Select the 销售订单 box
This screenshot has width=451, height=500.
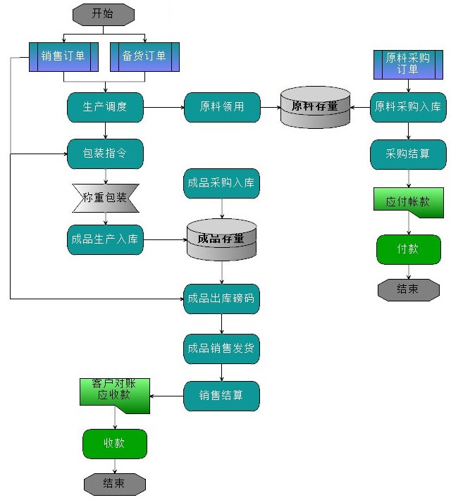[x=63, y=57]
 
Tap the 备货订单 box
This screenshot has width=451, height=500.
[x=144, y=57]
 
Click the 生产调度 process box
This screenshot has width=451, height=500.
[x=105, y=107]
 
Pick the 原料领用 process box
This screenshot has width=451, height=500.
[x=222, y=107]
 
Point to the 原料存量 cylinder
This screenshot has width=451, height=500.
[x=315, y=107]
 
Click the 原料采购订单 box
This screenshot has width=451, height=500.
[x=408, y=64]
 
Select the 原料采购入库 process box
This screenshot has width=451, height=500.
[x=408, y=107]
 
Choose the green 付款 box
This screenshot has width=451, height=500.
[x=408, y=249]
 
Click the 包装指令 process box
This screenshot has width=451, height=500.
[x=105, y=154]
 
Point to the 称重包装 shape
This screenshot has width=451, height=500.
[x=105, y=198]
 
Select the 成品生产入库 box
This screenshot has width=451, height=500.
[x=105, y=239]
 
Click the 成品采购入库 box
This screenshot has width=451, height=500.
[x=222, y=184]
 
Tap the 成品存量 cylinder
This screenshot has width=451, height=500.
[x=222, y=239]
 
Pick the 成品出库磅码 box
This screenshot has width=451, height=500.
[x=222, y=299]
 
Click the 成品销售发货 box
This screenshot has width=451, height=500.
[x=222, y=349]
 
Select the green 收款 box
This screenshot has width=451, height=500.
[x=115, y=444]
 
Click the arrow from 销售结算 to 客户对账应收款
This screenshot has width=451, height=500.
[x=167, y=396]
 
